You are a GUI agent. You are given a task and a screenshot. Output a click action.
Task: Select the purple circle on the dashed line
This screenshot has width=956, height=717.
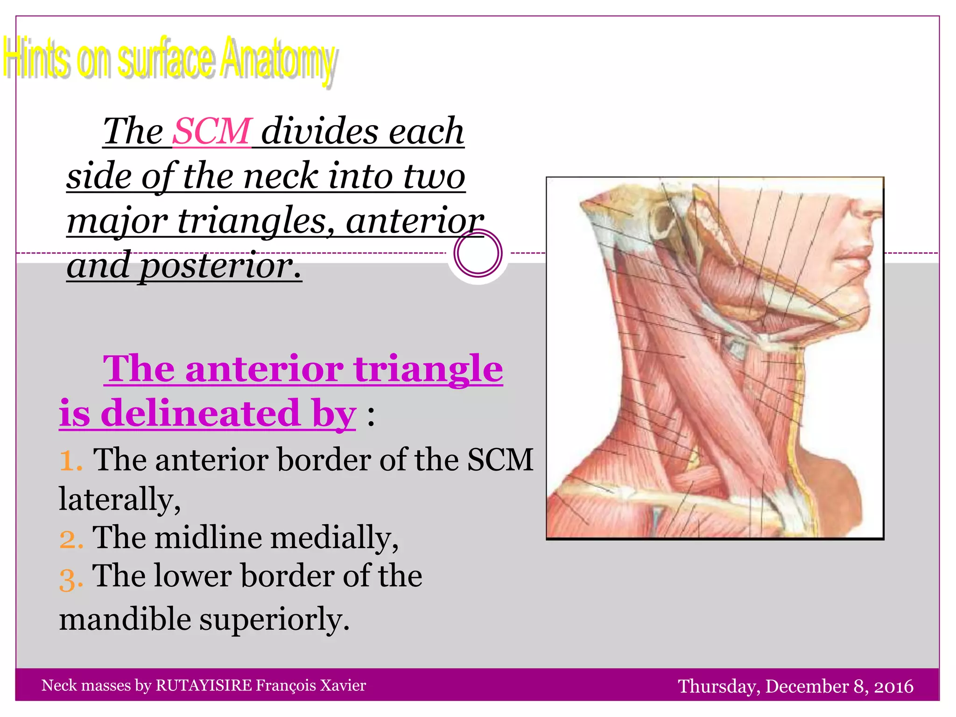pyautogui.click(x=478, y=253)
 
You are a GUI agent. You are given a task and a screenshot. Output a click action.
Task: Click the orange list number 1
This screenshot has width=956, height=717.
pyautogui.click(x=70, y=460)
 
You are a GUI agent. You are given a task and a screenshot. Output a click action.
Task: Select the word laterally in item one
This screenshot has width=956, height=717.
pyautogui.click(x=119, y=499)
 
